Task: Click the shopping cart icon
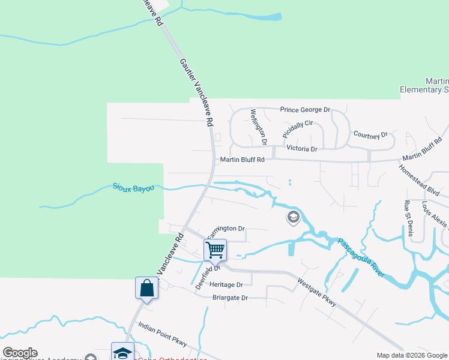tap(215, 248)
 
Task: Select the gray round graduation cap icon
tap(294, 217)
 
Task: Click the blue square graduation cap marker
tap(122, 352)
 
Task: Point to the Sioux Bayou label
tap(133, 188)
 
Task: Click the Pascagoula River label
tap(360, 257)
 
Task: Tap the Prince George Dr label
tap(306, 110)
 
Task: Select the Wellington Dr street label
tap(258, 127)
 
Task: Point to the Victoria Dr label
tap(301, 148)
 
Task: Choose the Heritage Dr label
tap(226, 284)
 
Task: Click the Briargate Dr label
tap(230, 298)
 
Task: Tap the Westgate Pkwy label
tap(317, 292)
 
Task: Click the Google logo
tap(20, 353)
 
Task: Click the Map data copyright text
tap(411, 355)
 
